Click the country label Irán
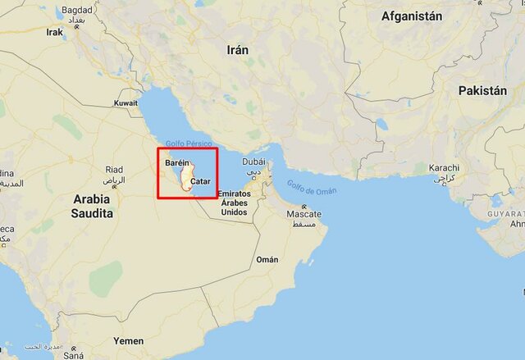coord(238,50)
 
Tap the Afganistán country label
coord(412,16)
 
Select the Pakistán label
coord(483,90)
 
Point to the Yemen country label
coord(128,340)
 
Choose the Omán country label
coord(267,259)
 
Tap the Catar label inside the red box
coord(200,180)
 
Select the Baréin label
coord(177,163)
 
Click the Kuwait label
coord(126,103)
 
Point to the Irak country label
coord(55,33)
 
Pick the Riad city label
coord(114,170)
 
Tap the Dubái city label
coord(253,162)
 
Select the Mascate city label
coord(304,214)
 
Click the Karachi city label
coord(445,168)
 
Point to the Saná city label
coord(75,355)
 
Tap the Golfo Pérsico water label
coord(189,144)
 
